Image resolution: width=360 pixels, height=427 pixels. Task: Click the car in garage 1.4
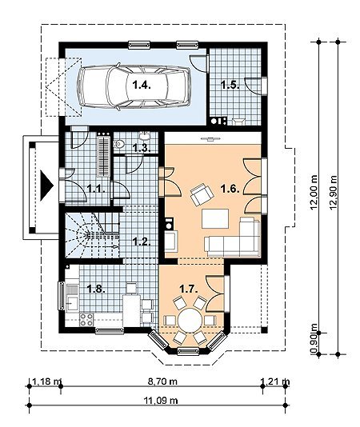click(134, 86)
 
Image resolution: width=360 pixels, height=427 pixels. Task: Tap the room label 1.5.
click(230, 86)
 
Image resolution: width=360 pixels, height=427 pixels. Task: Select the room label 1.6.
click(230, 189)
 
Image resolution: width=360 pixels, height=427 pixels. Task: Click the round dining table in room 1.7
click(190, 319)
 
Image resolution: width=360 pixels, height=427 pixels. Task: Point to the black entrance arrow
click(46, 186)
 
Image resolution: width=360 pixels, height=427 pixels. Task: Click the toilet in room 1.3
click(119, 143)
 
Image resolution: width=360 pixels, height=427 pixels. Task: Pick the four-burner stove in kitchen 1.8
click(86, 319)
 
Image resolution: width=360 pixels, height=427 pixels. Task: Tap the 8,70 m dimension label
click(162, 381)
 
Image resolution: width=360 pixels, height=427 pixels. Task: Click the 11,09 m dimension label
click(161, 401)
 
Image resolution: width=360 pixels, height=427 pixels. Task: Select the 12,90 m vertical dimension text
click(334, 193)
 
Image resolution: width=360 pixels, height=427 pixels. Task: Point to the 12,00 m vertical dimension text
click(314, 192)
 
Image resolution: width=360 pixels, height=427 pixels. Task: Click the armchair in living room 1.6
click(202, 194)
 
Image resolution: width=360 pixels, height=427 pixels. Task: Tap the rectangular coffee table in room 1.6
click(215, 218)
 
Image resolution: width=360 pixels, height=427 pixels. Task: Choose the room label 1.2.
click(142, 241)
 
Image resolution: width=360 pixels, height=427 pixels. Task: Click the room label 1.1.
click(96, 189)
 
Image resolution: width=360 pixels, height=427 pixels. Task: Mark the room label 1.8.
click(96, 289)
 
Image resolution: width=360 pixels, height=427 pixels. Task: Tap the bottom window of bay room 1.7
click(190, 351)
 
